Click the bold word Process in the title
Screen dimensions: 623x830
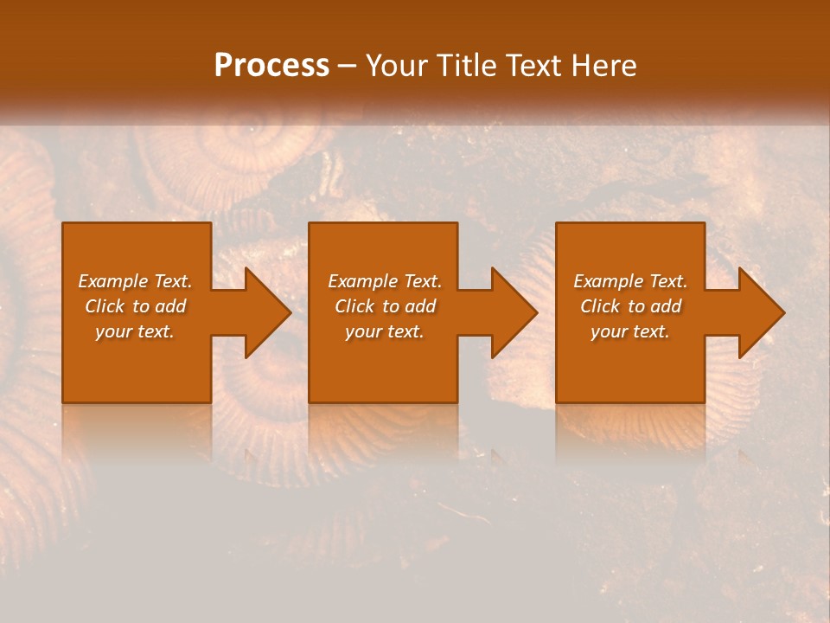point(271,66)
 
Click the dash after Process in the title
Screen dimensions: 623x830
point(348,67)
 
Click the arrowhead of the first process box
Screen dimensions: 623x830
point(265,312)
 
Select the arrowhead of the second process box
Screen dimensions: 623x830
point(511,312)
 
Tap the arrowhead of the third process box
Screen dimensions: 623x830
point(758,312)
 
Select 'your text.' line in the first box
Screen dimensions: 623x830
point(135,331)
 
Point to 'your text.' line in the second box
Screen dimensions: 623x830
point(385,331)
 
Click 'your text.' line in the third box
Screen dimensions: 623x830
point(630,331)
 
